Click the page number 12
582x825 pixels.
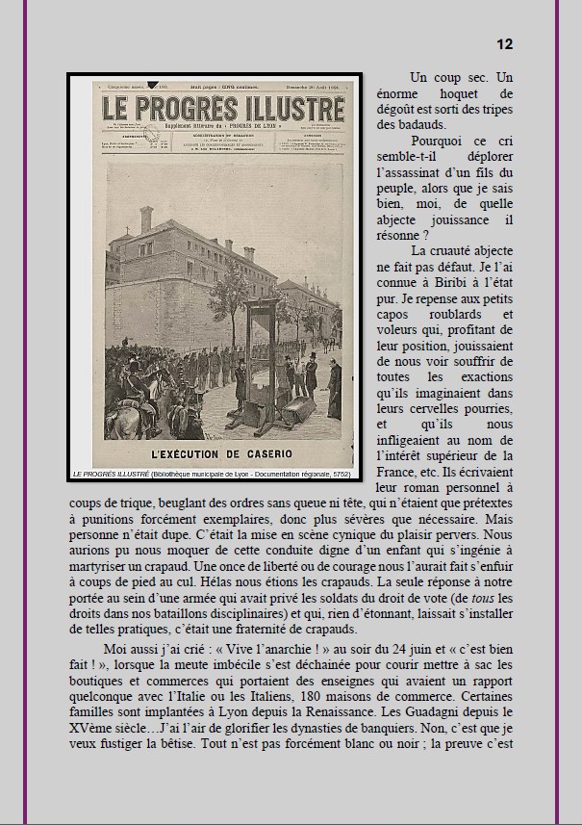(x=504, y=44)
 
